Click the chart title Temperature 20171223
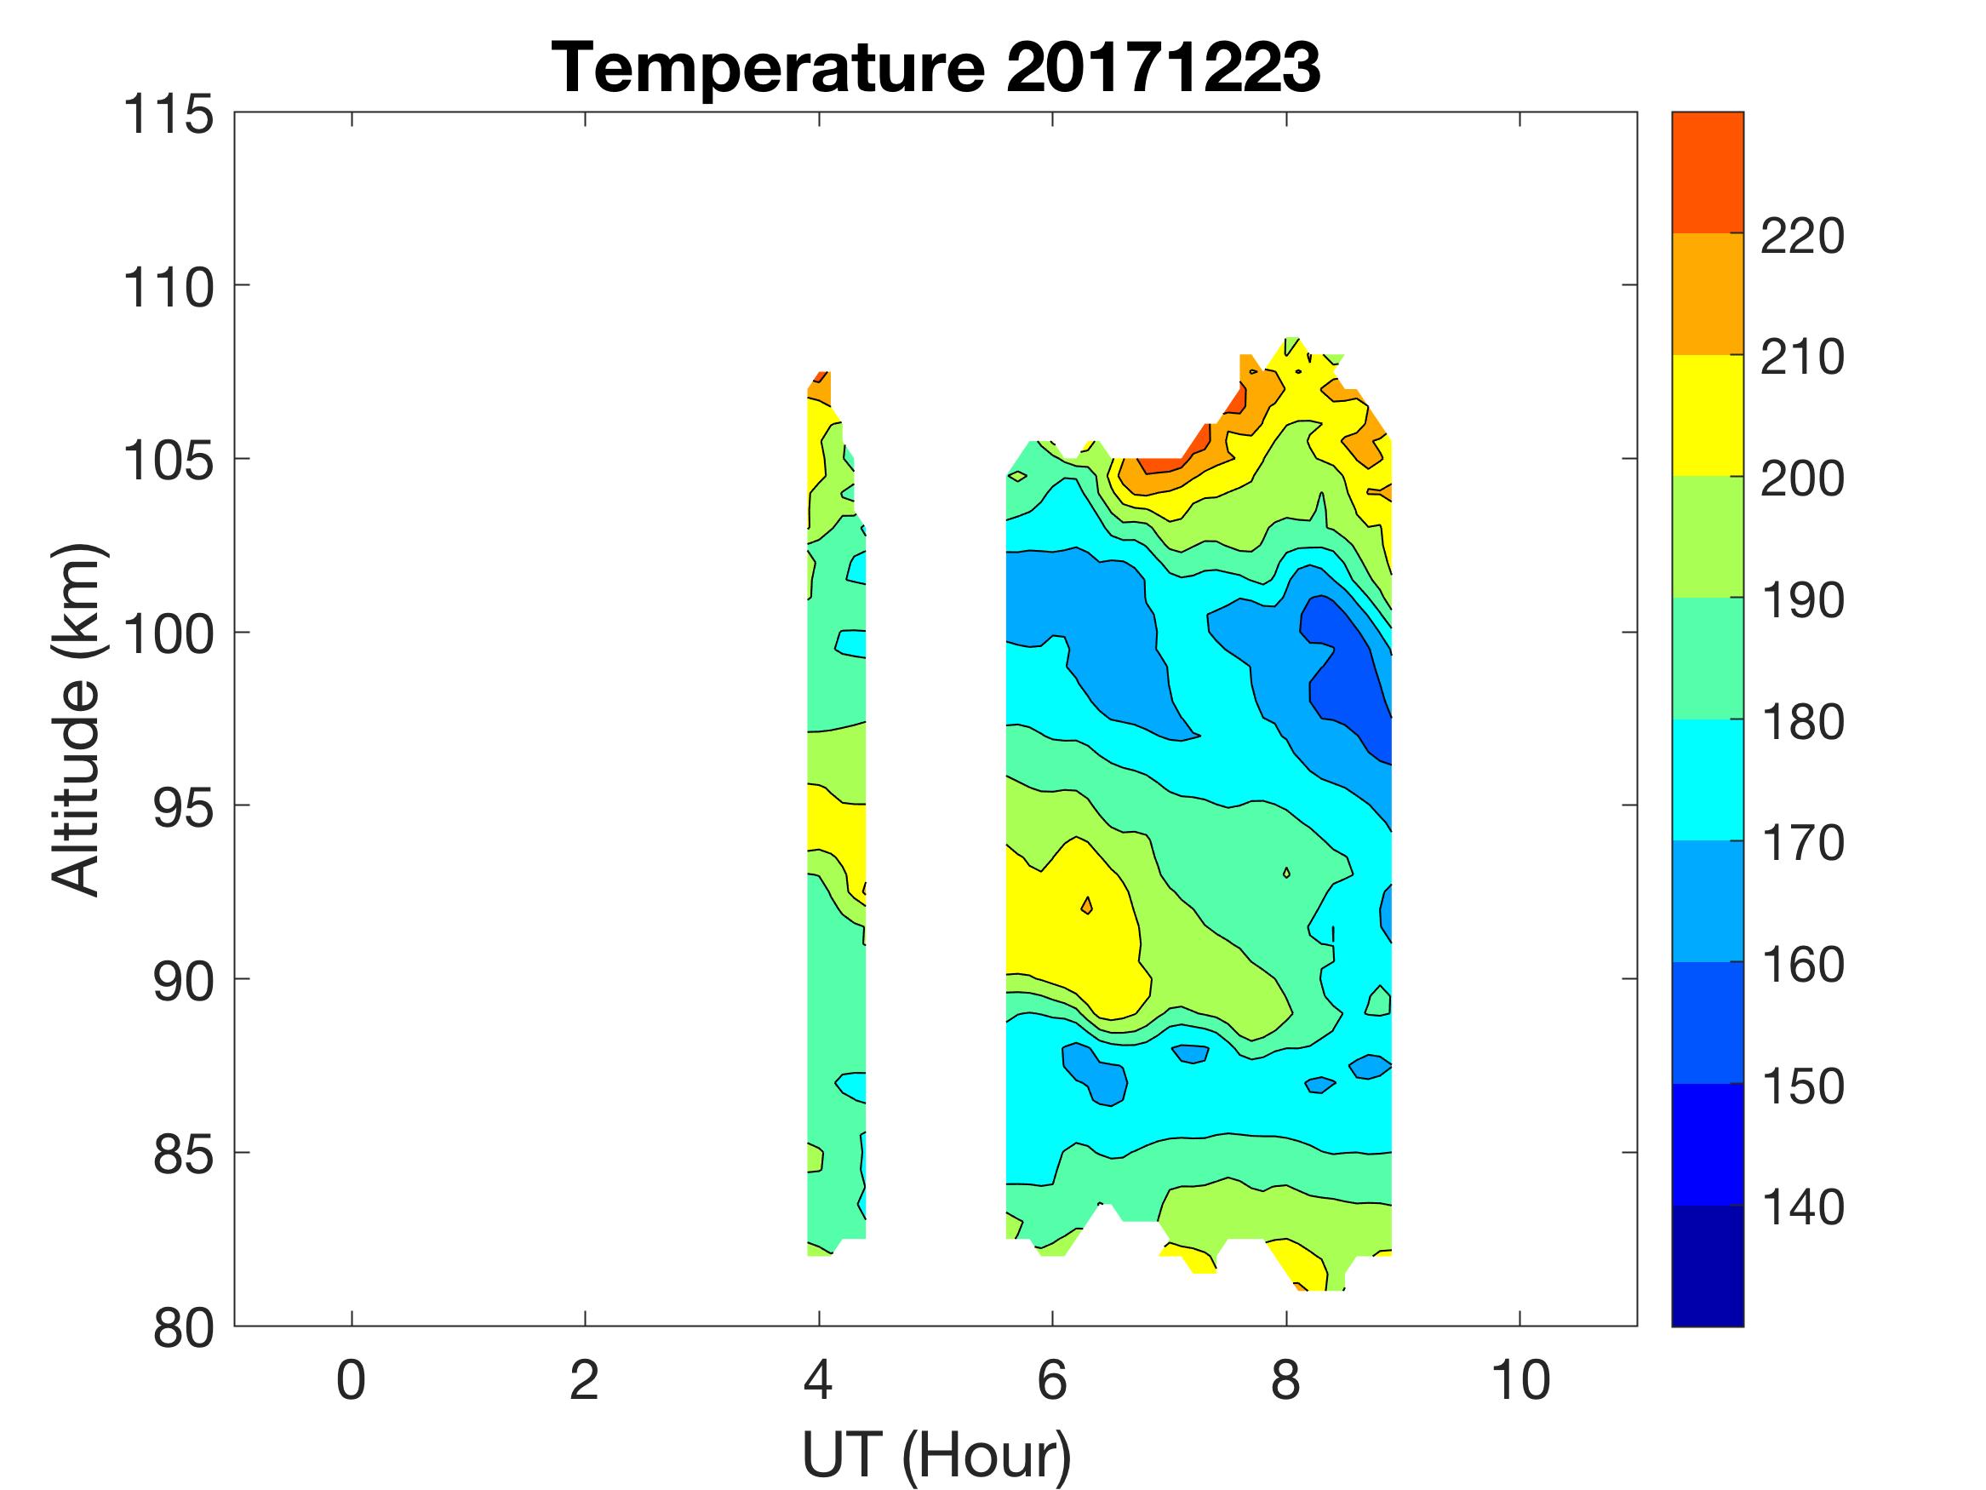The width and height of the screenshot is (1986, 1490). tap(936, 67)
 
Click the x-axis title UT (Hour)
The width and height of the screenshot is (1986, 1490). tap(936, 1454)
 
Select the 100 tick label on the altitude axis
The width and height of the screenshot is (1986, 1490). tap(169, 635)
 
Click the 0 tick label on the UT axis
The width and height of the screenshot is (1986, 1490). tap(351, 1380)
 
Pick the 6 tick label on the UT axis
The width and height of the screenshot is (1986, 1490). tap(1052, 1380)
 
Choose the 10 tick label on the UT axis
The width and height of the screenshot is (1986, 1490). tap(1520, 1380)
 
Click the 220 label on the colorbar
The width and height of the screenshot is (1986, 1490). tap(1802, 237)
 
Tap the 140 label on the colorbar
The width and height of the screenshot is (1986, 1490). tap(1802, 1208)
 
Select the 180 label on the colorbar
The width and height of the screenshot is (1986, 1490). tap(1802, 722)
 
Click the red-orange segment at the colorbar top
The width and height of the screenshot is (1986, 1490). tap(1707, 173)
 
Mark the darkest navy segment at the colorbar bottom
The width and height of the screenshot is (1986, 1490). tap(1707, 1266)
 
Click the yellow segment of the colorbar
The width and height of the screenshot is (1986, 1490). tap(1707, 415)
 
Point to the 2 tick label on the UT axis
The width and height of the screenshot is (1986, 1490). tap(585, 1380)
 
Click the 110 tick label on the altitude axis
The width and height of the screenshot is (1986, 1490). tap(169, 289)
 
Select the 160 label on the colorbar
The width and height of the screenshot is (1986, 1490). tap(1802, 966)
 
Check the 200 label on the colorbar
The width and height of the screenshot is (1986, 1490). tap(1802, 479)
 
